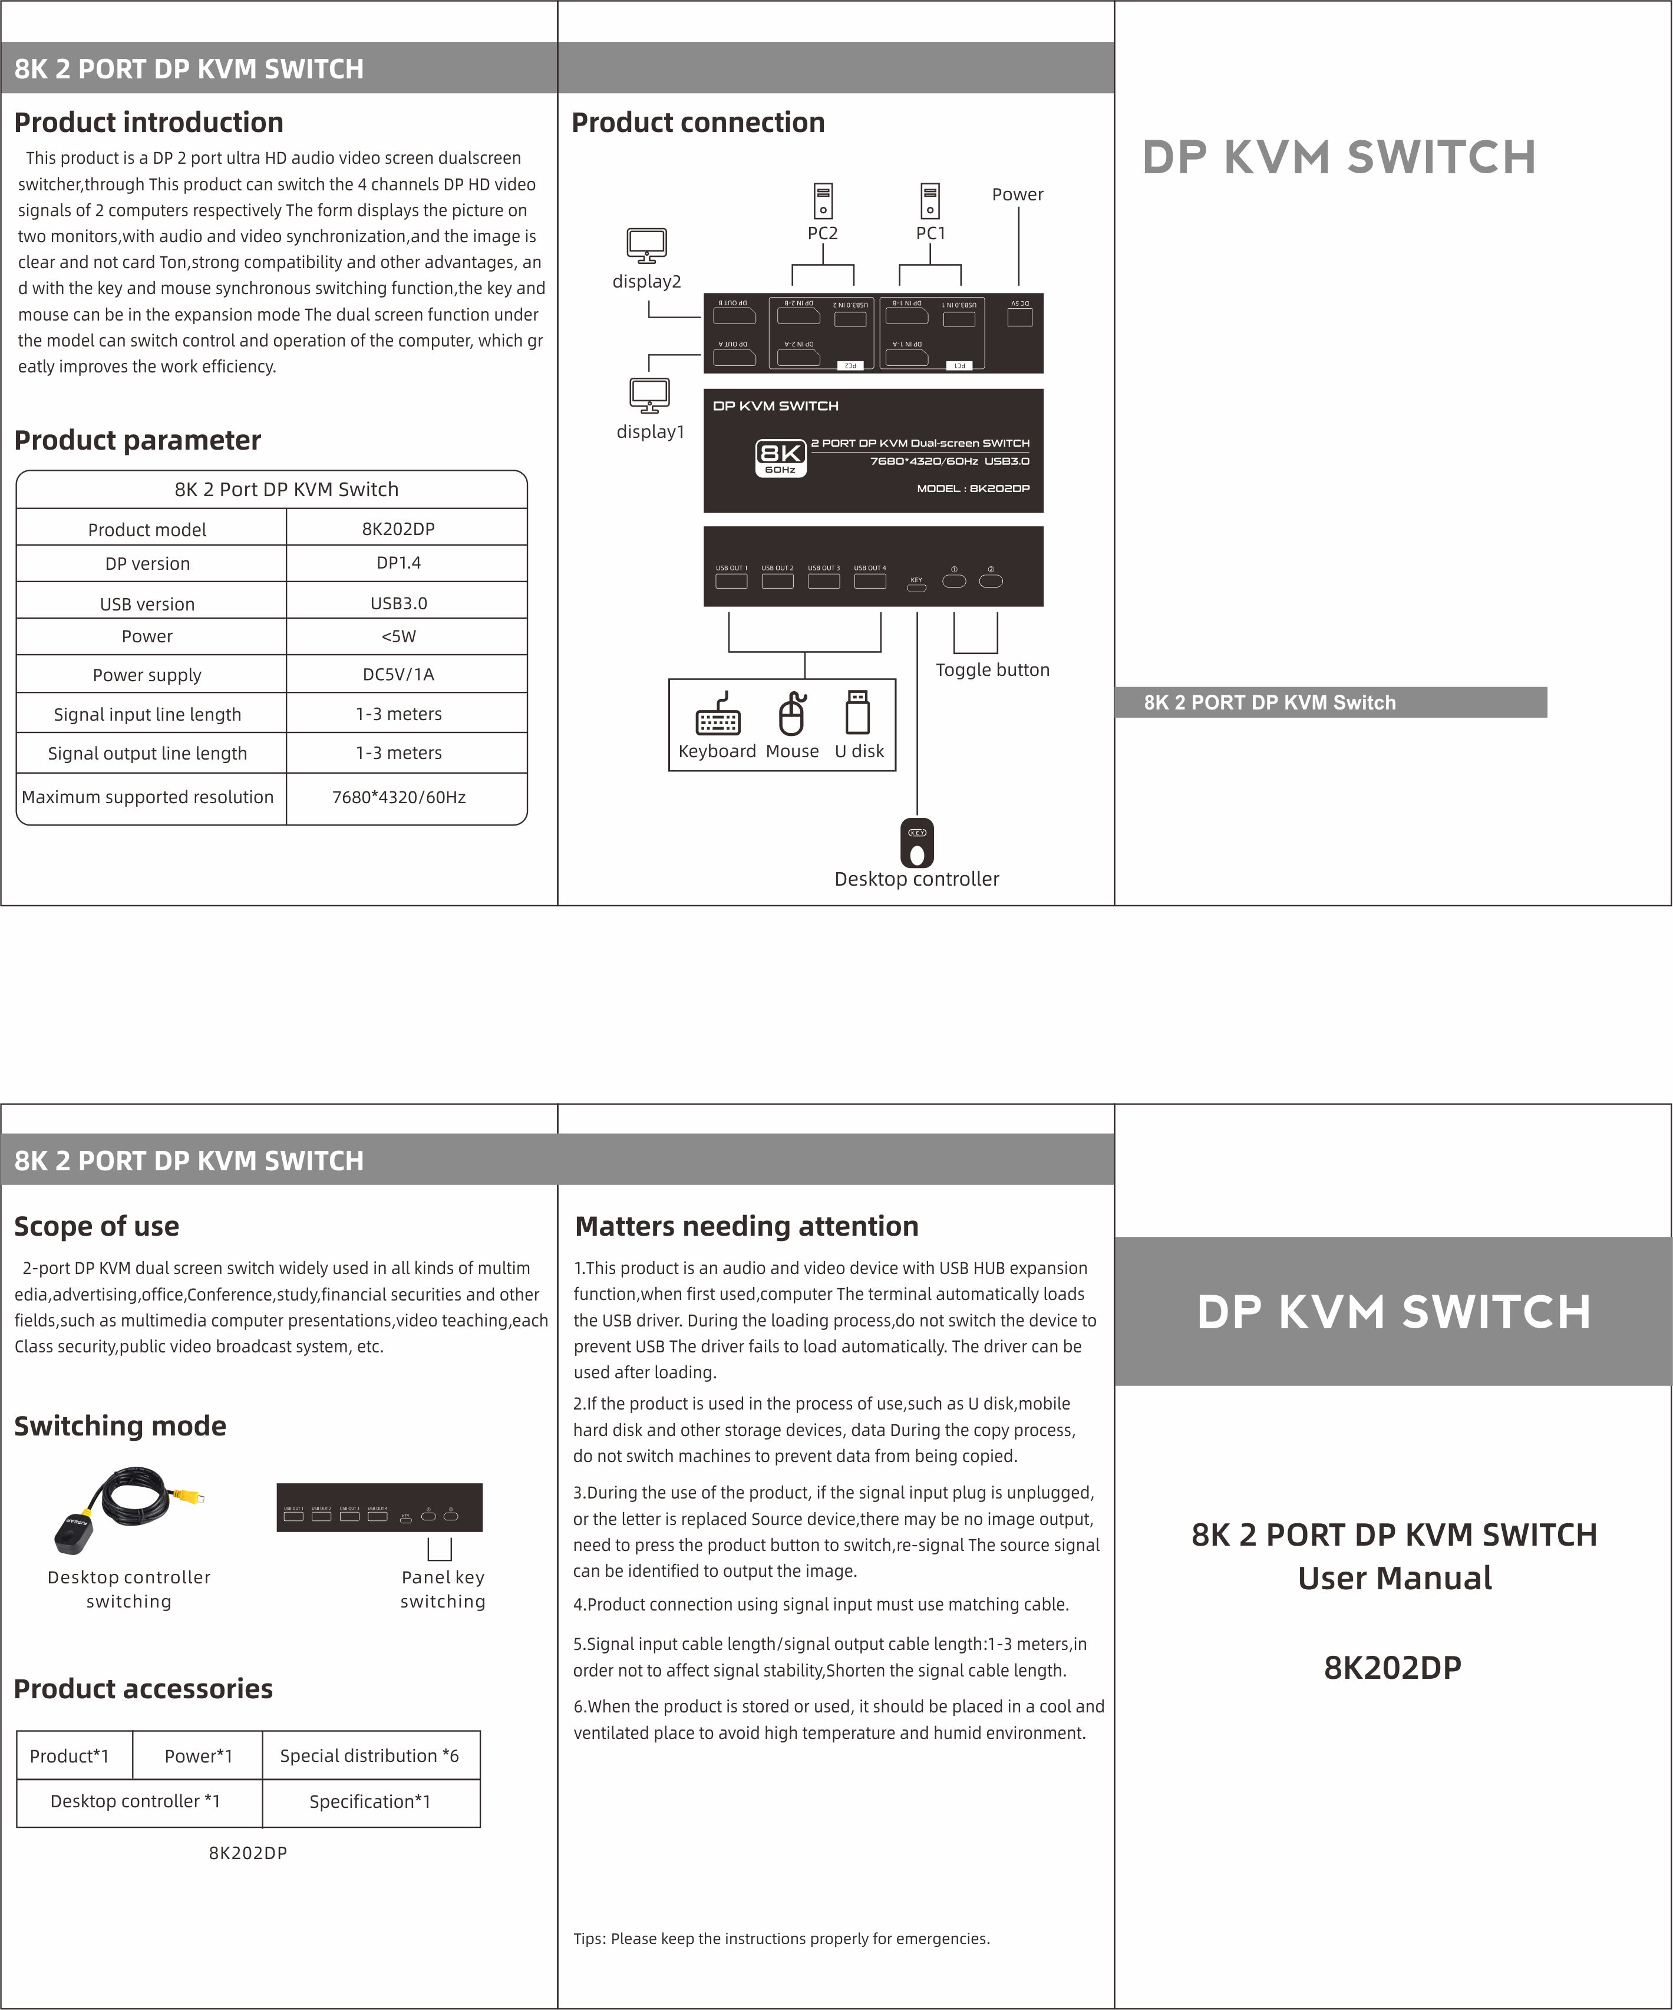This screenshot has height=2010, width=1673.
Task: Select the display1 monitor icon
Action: [x=650, y=394]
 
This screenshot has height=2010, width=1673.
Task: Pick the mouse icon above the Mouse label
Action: [x=791, y=714]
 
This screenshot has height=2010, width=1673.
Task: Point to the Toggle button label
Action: [x=992, y=670]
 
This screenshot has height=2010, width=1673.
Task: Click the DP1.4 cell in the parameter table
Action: [x=398, y=563]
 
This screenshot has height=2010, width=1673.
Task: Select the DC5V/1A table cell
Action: [x=398, y=675]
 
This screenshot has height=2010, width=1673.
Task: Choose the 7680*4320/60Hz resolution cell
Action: [x=398, y=797]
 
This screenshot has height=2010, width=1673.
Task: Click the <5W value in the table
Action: [x=398, y=636]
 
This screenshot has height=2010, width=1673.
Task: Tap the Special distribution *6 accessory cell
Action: [x=369, y=1755]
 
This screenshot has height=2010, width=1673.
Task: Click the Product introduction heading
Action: [x=149, y=123]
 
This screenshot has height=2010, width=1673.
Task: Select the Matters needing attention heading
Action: [x=747, y=1226]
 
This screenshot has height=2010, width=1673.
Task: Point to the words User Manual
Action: [x=1394, y=1578]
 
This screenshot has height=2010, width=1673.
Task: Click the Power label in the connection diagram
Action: [x=1017, y=194]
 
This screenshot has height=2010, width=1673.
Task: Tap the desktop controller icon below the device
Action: [x=917, y=842]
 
